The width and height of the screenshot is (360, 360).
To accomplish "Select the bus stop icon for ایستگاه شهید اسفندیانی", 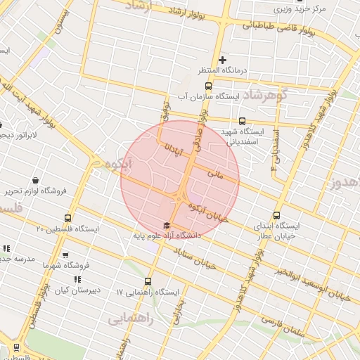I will [x=243, y=121].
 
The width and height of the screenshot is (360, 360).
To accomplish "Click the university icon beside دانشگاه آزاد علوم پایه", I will [x=167, y=226].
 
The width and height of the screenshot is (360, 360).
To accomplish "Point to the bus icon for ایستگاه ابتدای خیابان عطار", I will [x=276, y=217].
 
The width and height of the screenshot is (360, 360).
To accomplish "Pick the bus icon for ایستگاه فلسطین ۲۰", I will [x=67, y=218].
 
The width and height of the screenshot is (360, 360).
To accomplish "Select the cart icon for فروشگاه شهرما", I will [x=65, y=255].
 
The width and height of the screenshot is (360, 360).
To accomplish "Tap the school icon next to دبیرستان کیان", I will [x=77, y=280].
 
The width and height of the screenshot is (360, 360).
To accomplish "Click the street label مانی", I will [x=215, y=172].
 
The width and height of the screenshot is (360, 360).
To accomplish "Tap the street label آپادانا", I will [x=174, y=141].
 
